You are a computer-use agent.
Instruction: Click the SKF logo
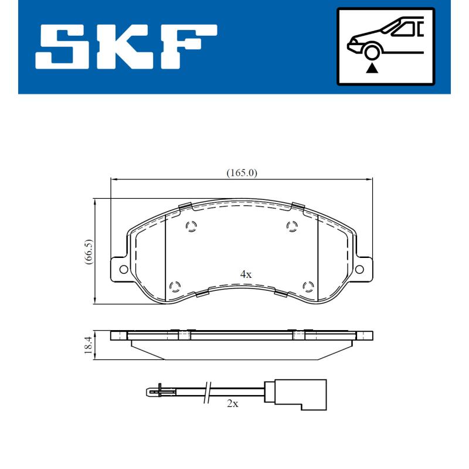[126, 46]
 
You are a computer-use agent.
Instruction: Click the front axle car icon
[385, 46]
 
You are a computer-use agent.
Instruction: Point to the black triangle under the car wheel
[371, 68]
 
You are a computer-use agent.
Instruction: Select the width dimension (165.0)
[242, 173]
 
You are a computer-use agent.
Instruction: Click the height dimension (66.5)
[88, 253]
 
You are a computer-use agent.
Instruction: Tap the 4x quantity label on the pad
[246, 274]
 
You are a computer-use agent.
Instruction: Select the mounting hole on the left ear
[124, 269]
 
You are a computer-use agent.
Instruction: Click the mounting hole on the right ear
[360, 269]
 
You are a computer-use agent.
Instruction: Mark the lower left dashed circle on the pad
[174, 286]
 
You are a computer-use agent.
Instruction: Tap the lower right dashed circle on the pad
[308, 286]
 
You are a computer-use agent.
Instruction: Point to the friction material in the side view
[242, 349]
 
